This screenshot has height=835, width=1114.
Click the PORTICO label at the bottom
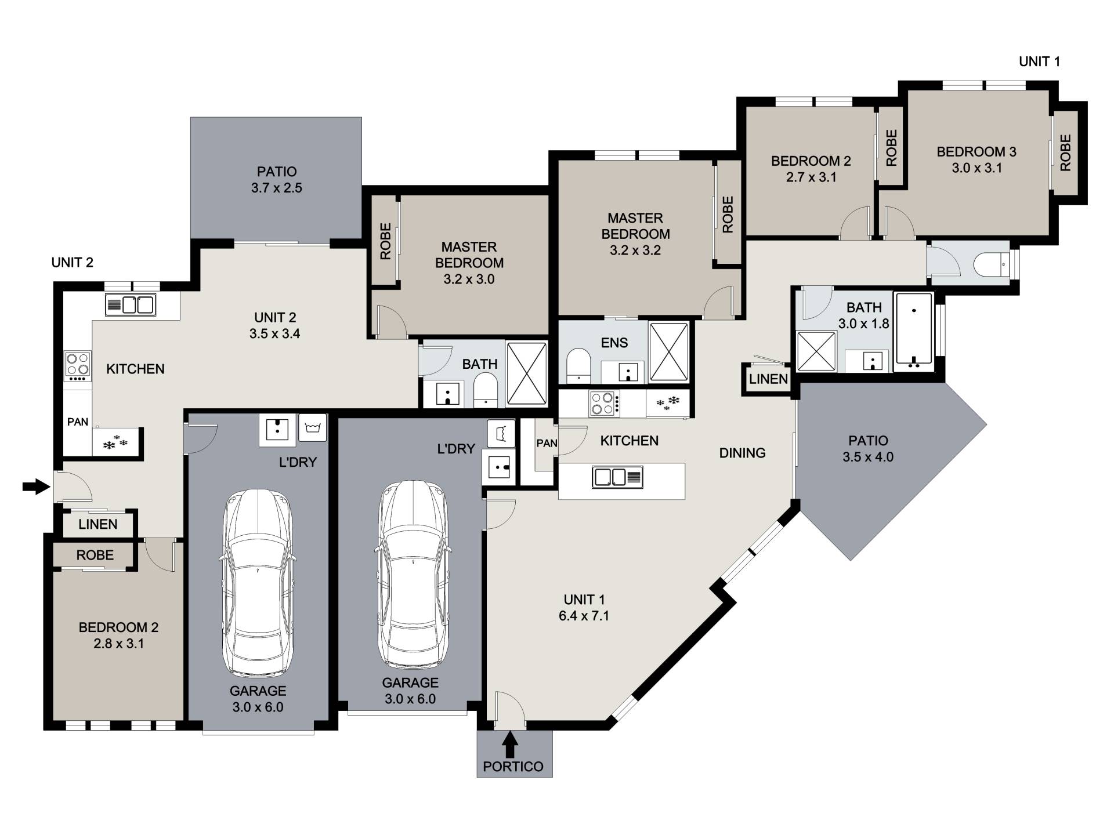(513, 767)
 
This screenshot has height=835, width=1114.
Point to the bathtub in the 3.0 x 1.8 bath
(914, 331)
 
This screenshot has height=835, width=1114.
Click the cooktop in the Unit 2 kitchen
(78, 366)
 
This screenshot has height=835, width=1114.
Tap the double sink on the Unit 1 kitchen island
(617, 477)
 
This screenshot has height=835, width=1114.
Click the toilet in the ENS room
(578, 365)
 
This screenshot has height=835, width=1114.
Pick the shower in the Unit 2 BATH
(527, 373)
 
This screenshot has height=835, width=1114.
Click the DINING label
(742, 453)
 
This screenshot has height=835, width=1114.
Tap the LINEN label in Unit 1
(768, 379)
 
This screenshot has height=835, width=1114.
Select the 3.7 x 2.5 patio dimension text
(277, 188)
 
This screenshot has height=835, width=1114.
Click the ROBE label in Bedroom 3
(1065, 153)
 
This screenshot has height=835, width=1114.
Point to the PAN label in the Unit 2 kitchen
(78, 422)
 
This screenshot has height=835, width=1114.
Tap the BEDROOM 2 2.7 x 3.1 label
(811, 169)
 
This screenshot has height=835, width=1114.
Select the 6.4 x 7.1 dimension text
(584, 616)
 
